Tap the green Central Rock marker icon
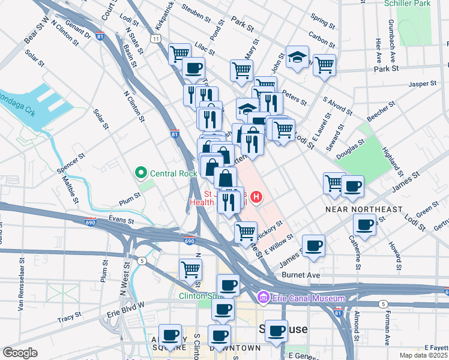(x=142, y=174)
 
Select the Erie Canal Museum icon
(x=262, y=298)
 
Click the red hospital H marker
(x=257, y=196)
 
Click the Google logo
(x=19, y=352)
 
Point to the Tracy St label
(x=69, y=316)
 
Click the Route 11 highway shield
(x=156, y=38)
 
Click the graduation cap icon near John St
(x=297, y=57)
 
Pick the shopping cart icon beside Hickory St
(x=246, y=231)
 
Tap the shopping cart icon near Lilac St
(x=179, y=54)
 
